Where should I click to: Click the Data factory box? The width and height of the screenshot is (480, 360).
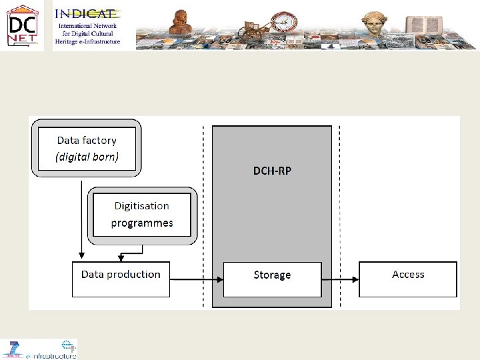click(87, 148)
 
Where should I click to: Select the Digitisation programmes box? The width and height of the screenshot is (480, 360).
click(141, 214)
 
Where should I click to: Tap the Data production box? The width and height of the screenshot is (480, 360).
click(121, 279)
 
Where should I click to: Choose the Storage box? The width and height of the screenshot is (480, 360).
click(272, 279)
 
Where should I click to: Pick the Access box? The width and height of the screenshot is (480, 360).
click(408, 279)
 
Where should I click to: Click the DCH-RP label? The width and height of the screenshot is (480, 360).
click(272, 171)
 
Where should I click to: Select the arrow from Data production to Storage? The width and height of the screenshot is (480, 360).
click(196, 279)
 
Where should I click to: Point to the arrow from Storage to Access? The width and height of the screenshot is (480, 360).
click(340, 279)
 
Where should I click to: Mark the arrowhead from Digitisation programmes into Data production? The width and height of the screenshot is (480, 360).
click(121, 258)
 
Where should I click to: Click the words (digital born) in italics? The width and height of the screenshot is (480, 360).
click(87, 158)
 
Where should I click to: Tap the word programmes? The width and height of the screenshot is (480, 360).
click(141, 223)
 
